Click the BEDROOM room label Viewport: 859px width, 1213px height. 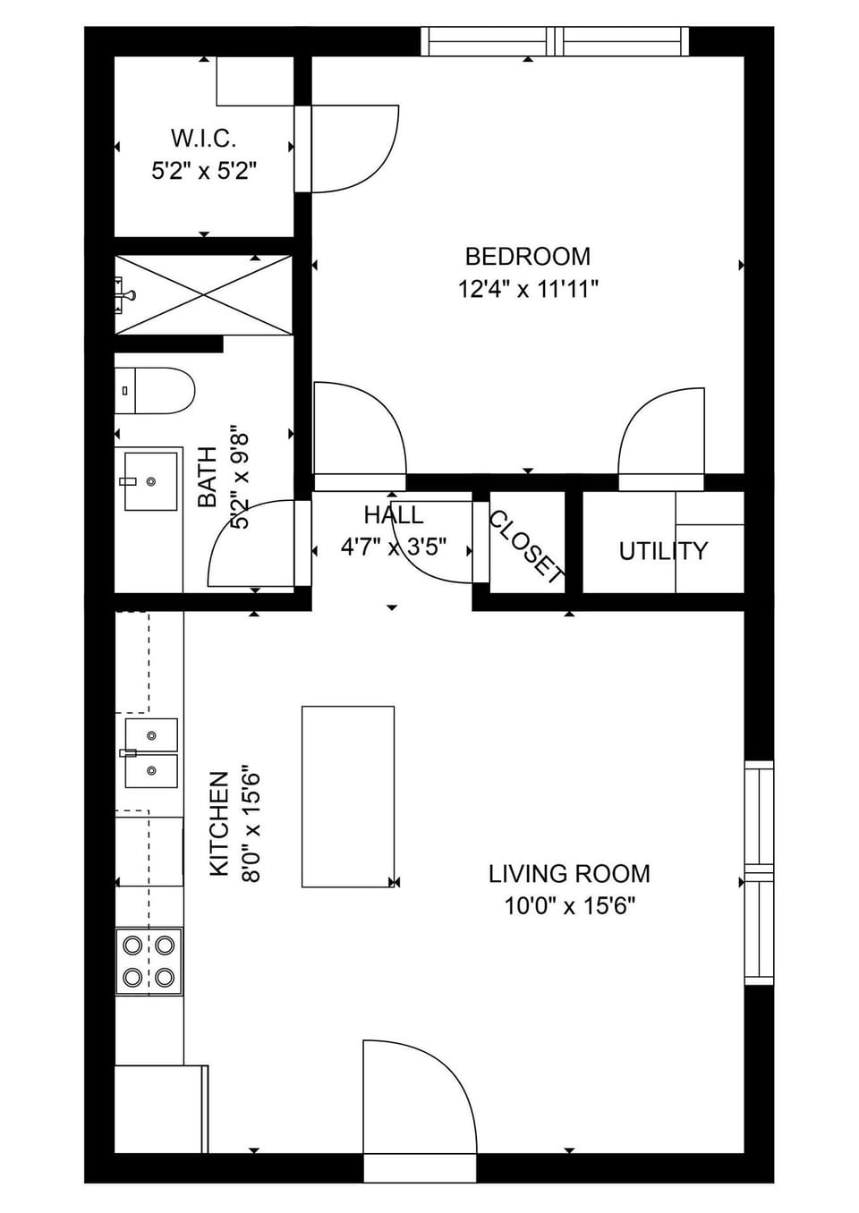527,257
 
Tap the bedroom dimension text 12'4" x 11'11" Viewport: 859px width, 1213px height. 527,289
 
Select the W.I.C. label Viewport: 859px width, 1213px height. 204,139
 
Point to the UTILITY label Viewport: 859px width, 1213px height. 663,551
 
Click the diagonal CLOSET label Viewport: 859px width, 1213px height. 527,547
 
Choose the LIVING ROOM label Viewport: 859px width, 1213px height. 569,874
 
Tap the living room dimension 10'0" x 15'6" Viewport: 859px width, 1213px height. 569,906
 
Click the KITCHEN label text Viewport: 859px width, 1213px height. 219,824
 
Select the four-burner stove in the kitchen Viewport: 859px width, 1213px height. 149,962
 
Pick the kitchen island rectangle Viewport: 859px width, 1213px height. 348,796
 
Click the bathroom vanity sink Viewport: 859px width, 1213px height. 150,481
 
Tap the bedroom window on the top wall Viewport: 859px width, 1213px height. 555,41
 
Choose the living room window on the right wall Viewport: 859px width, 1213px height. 759,872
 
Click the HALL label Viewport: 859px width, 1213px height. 394,515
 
